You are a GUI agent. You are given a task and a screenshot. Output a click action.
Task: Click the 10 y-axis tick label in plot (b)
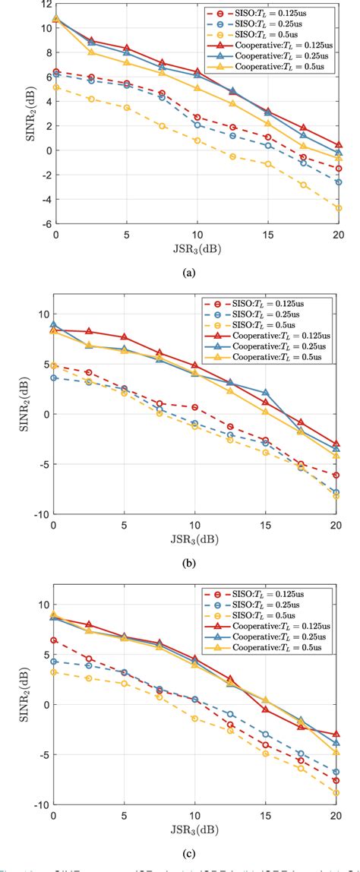[x=43, y=314]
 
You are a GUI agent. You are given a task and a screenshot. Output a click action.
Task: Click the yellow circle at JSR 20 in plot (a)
[x=338, y=207]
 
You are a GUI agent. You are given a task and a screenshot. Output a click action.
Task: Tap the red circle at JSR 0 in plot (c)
[x=53, y=640]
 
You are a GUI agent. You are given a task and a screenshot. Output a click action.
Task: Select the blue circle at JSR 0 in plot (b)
[x=53, y=378]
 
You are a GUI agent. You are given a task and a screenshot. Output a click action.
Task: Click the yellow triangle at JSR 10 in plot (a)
[x=196, y=89]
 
